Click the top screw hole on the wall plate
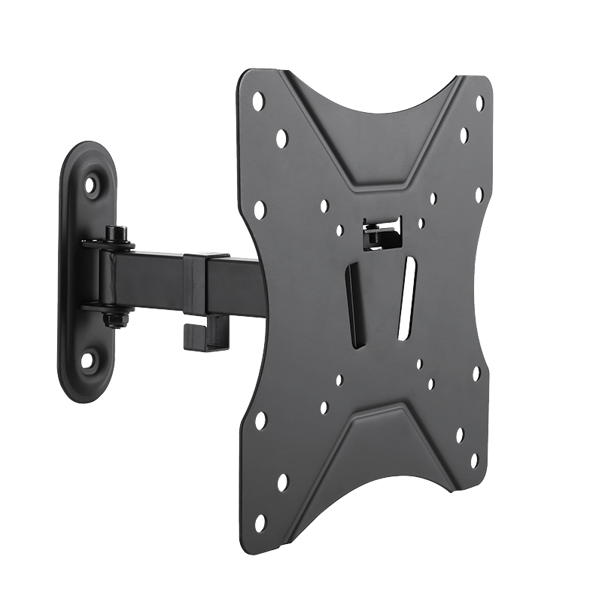[x=92, y=184]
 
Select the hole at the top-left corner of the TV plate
[x=260, y=99]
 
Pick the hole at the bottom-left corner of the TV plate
[x=261, y=519]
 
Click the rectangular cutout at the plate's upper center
[x=382, y=233]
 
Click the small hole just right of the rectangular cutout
[x=422, y=223]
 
